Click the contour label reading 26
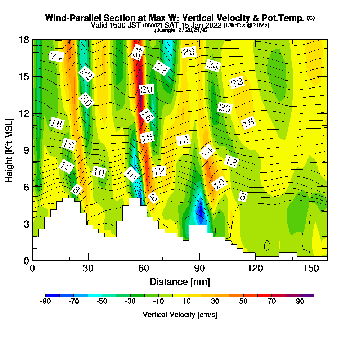189,53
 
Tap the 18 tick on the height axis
24,40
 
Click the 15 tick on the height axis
24,77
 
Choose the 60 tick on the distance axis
144,269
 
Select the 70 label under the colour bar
272,302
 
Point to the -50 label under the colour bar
102,302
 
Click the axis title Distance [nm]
180,281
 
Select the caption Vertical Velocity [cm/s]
180,315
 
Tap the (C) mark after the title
311,18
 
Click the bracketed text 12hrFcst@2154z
247,26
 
